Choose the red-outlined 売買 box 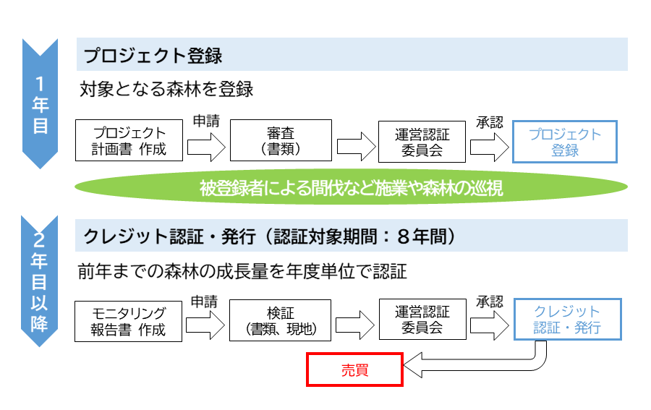pyautogui.click(x=354, y=370)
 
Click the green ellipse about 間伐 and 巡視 pyautogui.click(x=352, y=188)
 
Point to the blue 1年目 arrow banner pyautogui.click(x=41, y=101)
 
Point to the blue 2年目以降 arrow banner pyautogui.click(x=41, y=282)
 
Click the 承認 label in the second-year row pyautogui.click(x=489, y=302)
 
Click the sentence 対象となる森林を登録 pyautogui.click(x=166, y=90)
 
